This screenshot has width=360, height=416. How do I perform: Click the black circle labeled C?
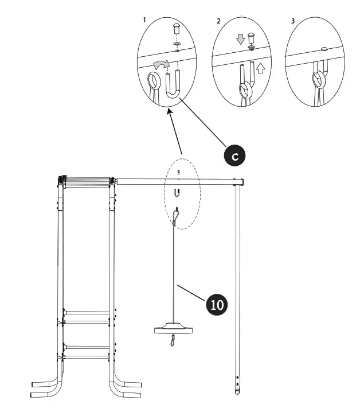pyautogui.click(x=234, y=155)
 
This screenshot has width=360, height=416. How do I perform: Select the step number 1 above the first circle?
pyautogui.click(x=144, y=20)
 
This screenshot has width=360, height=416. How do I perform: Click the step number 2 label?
pyautogui.click(x=218, y=21)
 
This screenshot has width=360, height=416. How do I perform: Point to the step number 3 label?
pyautogui.click(x=293, y=21)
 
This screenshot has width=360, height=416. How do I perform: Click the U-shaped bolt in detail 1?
pyautogui.click(x=173, y=85)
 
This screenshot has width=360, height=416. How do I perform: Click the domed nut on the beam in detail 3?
pyautogui.click(x=324, y=49)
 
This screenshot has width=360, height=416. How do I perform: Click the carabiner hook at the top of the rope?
pyautogui.click(x=178, y=216)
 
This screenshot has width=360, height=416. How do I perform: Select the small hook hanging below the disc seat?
pyautogui.click(x=172, y=343)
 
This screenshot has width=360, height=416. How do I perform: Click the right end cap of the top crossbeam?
pyautogui.click(x=242, y=182)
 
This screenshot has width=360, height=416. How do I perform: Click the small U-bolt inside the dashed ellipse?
pyautogui.click(x=178, y=193)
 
